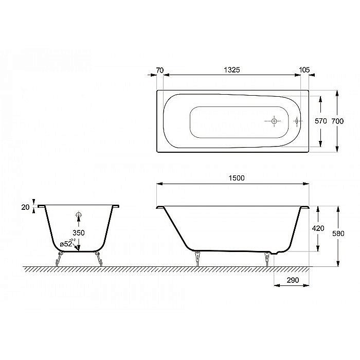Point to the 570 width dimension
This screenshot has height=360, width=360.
(321, 121)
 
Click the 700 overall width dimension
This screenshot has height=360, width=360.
(337, 121)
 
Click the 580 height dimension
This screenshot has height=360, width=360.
(337, 233)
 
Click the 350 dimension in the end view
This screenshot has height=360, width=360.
(78, 233)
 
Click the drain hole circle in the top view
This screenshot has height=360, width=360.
(274, 121)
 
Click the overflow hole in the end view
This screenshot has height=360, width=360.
(78, 214)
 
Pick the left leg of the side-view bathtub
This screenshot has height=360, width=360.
(197, 257)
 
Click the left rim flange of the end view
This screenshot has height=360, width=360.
(42, 206)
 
